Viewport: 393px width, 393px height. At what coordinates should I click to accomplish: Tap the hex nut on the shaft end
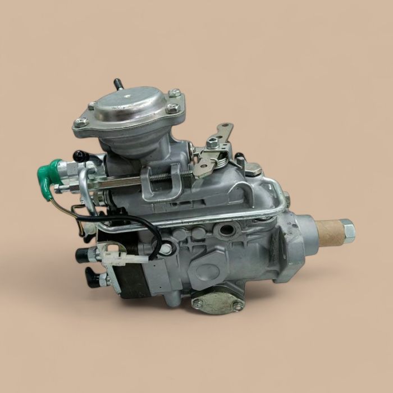click(348, 230)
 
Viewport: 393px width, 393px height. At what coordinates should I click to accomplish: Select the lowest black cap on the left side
click(92, 277)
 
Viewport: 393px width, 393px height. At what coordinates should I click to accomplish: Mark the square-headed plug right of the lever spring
click(253, 168)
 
